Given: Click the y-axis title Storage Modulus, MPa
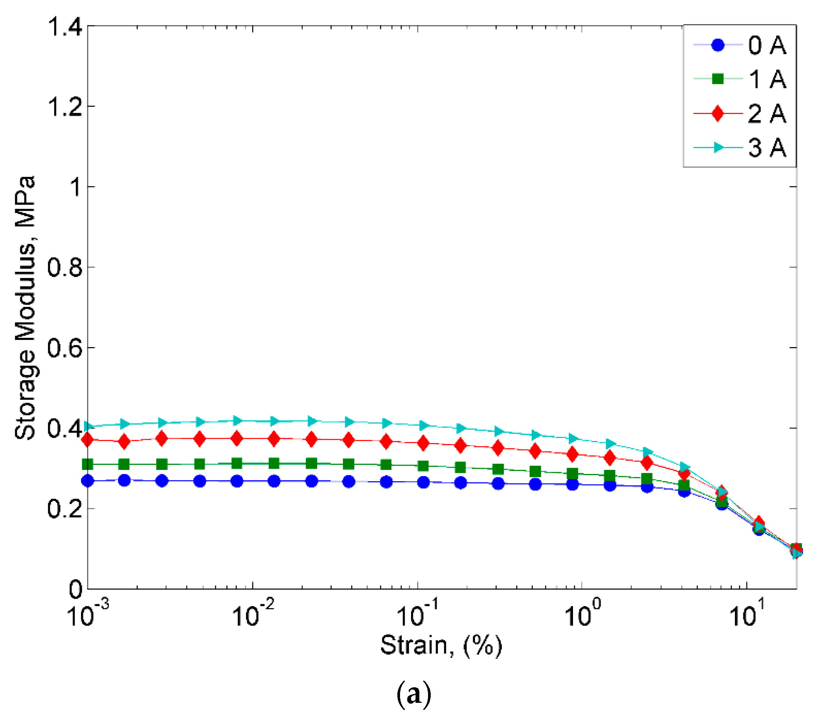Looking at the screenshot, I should coord(25,308).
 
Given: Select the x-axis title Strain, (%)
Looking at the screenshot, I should coord(441,646).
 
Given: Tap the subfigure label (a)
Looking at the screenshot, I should coord(414,695).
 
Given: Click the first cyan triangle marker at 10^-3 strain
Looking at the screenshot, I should coord(88,426).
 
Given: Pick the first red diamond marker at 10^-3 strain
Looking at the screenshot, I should coord(87,440).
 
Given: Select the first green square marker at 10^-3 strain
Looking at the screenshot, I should coord(87,465).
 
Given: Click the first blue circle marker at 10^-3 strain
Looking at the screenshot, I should coord(87,481).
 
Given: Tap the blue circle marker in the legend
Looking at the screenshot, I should coord(718,45).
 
